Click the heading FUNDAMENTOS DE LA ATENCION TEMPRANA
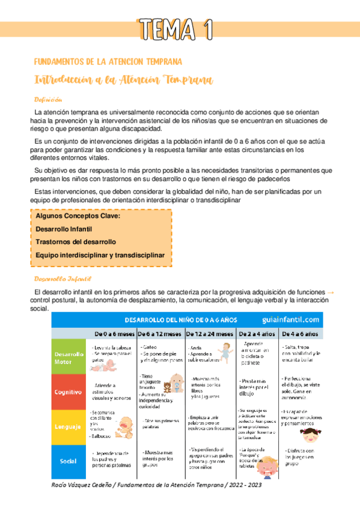108,61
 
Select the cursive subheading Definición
49,100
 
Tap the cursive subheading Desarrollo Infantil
63,278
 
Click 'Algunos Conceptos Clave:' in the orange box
78,216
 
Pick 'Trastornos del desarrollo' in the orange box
76,242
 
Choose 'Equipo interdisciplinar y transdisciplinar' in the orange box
100,255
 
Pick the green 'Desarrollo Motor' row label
69,358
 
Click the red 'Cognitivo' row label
69,392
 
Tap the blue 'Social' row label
69,461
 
